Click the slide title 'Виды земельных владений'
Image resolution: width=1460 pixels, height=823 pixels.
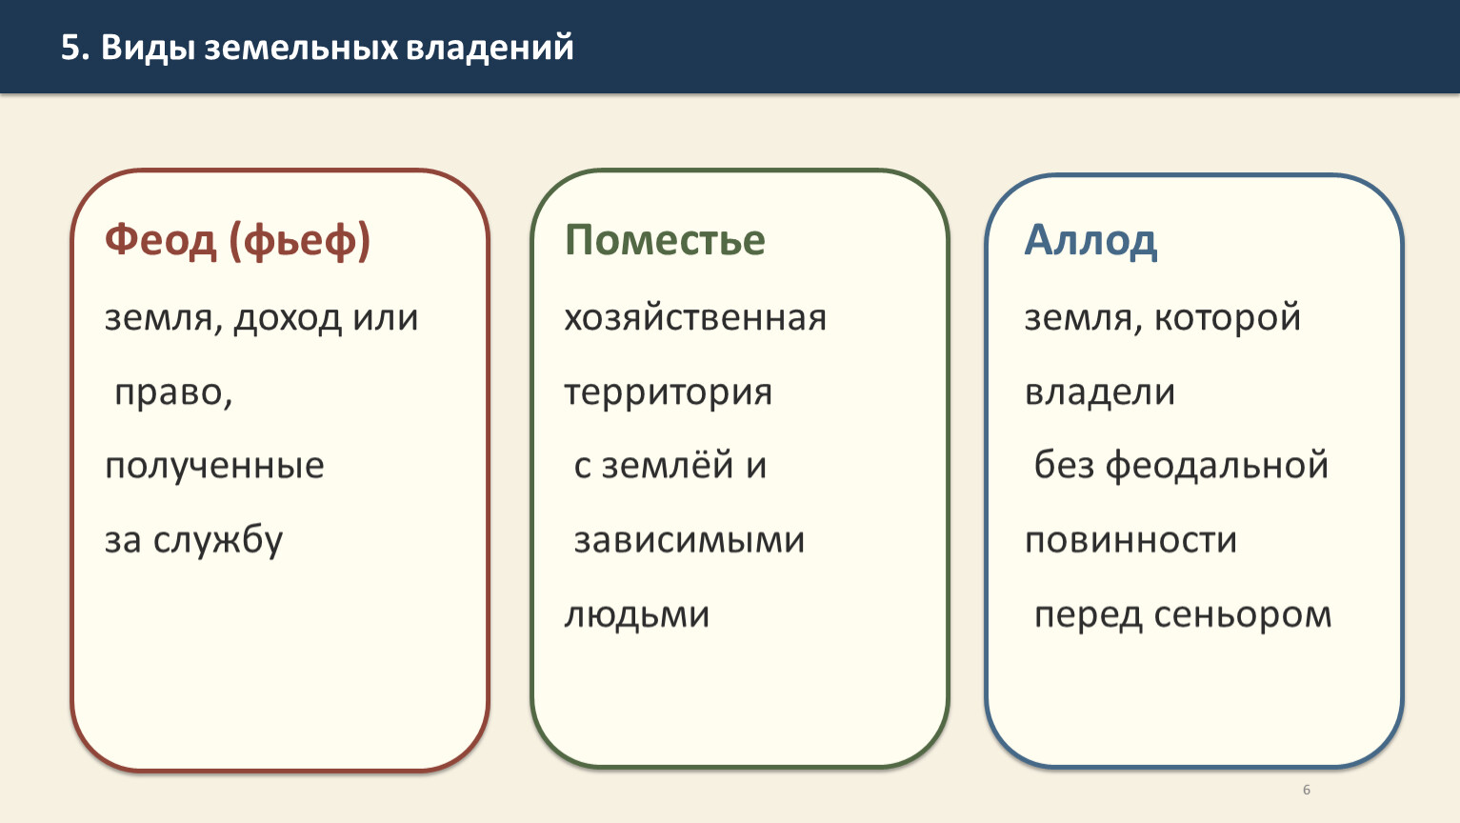[x=337, y=48]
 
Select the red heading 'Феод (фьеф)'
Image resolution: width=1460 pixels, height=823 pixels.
[x=238, y=241]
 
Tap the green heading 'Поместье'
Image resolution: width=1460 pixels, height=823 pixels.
[x=665, y=241]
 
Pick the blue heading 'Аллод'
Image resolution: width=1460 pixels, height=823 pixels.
[x=1091, y=241]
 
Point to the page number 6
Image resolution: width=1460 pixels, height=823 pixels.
[x=1306, y=790]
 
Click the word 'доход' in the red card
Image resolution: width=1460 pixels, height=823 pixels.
[x=288, y=319]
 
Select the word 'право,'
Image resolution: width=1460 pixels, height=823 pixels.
[x=173, y=393]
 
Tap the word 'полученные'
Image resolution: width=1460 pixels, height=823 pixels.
[x=214, y=467]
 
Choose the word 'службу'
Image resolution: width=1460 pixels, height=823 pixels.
[x=218, y=541]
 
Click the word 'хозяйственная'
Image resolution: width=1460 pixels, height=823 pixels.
[x=695, y=319]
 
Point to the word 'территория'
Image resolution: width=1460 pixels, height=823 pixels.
[x=668, y=393]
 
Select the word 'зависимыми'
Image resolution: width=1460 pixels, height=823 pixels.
[x=690, y=541]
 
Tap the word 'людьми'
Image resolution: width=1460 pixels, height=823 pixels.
[x=637, y=615]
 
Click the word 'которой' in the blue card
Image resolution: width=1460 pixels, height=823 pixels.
[x=1228, y=319]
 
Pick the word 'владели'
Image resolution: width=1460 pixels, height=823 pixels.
[x=1100, y=392]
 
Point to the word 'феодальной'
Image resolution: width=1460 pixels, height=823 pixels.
[x=1217, y=466]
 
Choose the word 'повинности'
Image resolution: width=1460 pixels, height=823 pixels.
[x=1130, y=541]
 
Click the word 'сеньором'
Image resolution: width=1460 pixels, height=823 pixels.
[x=1243, y=615]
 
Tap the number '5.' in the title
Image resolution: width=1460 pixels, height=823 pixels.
[x=75, y=48]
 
